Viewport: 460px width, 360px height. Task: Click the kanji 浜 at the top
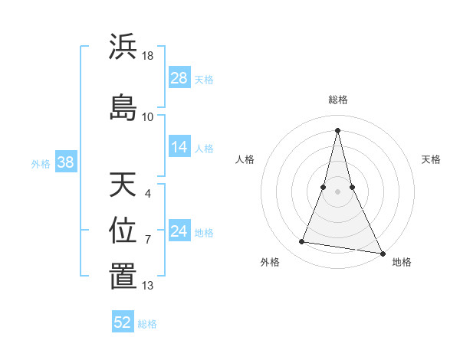[x=123, y=47]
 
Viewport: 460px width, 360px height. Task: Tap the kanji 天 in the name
[x=123, y=185]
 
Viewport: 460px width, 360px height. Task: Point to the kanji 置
[x=123, y=277]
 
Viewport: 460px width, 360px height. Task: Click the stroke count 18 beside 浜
[x=149, y=56]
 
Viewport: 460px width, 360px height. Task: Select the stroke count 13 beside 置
[x=148, y=286]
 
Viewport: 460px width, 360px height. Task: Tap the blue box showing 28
[x=179, y=78]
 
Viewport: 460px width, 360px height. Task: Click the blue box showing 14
[x=179, y=148]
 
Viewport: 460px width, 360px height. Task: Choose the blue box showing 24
[x=179, y=231]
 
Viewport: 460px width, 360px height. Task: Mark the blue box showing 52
[x=123, y=322]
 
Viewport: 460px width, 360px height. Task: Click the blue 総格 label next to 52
[x=147, y=324]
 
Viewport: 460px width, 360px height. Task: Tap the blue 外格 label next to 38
[x=41, y=163]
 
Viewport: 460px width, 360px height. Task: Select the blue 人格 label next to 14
[x=204, y=149]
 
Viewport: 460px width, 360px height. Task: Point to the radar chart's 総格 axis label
[x=338, y=100]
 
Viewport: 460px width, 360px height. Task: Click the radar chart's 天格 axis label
[x=432, y=159]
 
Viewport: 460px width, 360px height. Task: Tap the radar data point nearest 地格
[x=383, y=254]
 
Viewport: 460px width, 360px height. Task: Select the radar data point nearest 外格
[x=302, y=242]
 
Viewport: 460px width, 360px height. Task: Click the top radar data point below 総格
[x=337, y=129]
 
